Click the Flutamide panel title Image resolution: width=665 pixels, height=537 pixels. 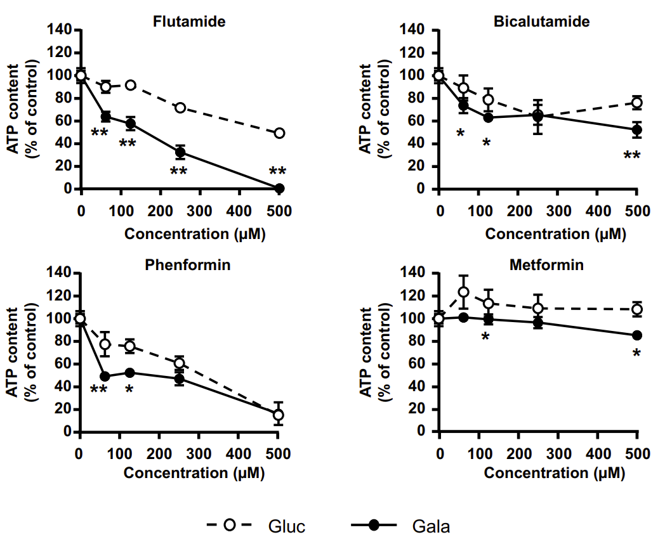coord(189,22)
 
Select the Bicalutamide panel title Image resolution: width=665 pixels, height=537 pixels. coord(542,22)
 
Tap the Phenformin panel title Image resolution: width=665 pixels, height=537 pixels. coord(188,265)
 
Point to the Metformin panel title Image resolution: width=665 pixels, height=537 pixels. coord(546,265)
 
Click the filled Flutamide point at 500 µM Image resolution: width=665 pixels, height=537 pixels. coord(280,188)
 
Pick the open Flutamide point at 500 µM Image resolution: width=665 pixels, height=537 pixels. coord(280,133)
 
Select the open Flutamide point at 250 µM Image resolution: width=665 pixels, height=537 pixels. coord(180,108)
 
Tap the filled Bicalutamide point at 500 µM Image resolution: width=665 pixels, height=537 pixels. coord(636,129)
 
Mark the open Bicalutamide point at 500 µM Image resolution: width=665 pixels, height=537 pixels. coord(636,103)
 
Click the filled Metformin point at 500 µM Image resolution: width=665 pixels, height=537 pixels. coord(636,335)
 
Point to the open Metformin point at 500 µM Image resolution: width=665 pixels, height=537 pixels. coord(636,309)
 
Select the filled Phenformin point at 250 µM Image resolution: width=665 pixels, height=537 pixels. coord(180,379)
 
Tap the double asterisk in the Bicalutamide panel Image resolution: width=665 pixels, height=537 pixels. coord(632,155)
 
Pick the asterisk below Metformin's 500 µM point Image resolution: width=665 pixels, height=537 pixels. coord(636,353)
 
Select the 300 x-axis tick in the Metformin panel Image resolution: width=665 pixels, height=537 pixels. coord(558,453)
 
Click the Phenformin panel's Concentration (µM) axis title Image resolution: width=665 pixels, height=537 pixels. coord(194,473)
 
